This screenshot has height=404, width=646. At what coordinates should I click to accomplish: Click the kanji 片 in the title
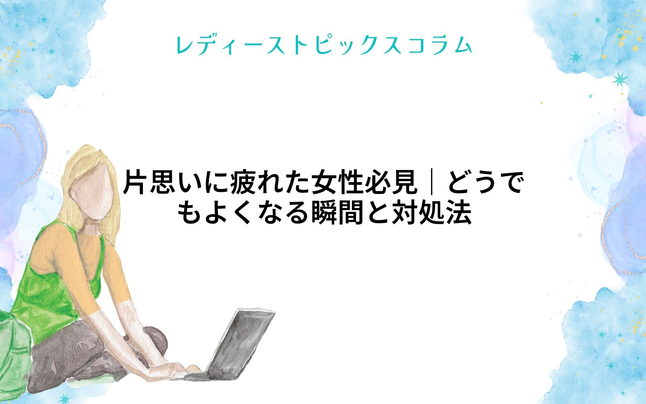pyautogui.click(x=136, y=182)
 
